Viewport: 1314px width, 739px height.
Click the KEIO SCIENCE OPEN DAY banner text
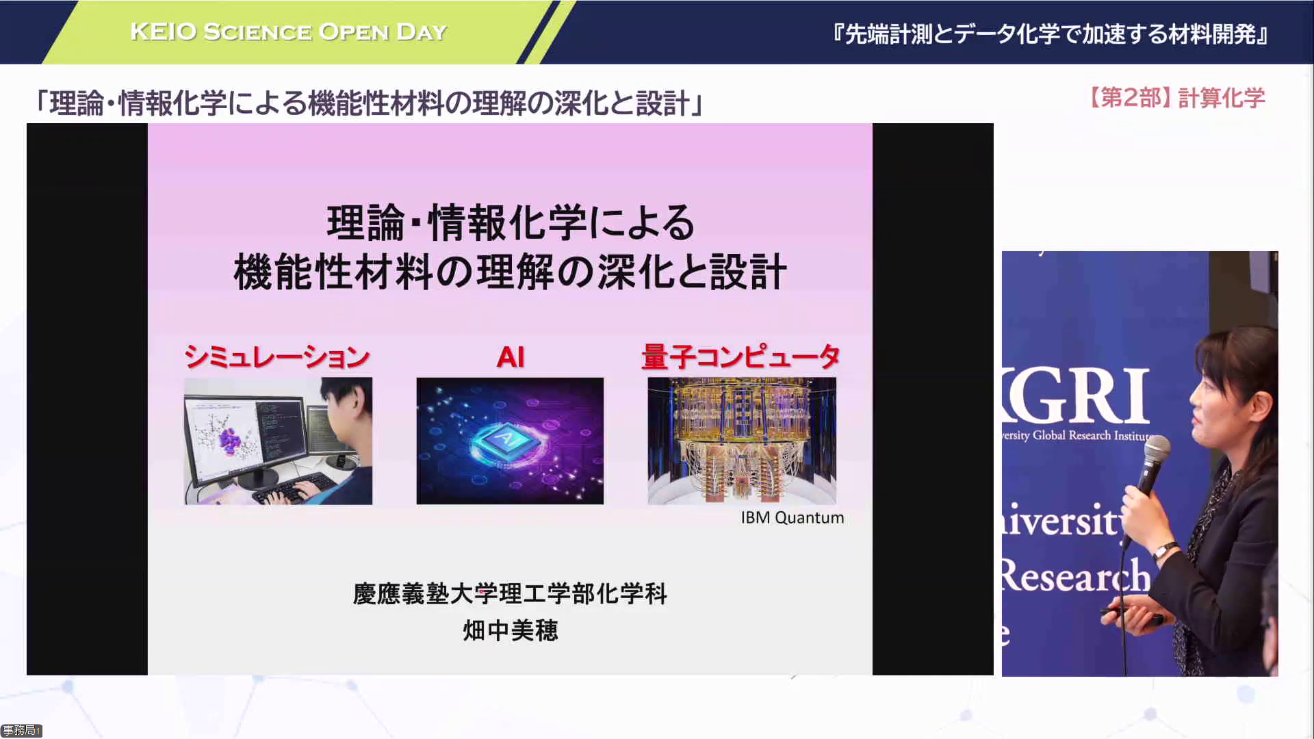288,31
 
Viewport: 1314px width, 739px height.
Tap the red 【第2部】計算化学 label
1175,98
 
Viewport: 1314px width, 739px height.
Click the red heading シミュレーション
277,356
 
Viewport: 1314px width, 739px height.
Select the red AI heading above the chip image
511,356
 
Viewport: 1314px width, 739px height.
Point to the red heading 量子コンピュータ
740,356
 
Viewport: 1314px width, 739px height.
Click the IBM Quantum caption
793,518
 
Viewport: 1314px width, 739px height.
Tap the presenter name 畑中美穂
511,630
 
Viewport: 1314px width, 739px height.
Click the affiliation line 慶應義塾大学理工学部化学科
510,593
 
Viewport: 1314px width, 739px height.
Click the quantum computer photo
742,441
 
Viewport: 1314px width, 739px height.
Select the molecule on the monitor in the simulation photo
230,441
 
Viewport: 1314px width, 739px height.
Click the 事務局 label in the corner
21,731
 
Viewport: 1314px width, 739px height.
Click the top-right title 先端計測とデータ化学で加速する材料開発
1051,34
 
